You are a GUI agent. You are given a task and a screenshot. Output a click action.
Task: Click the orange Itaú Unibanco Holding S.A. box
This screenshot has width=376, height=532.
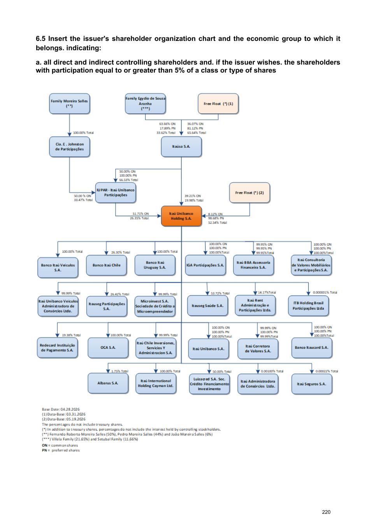[x=181, y=216]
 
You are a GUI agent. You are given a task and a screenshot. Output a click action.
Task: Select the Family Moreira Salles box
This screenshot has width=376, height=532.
[x=69, y=104]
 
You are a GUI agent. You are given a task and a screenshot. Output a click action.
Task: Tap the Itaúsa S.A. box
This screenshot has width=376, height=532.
[x=181, y=147]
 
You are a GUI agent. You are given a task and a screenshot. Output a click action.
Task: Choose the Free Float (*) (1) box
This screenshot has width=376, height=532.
[x=218, y=104]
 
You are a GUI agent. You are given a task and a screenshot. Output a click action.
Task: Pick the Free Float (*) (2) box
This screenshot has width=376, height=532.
[x=249, y=193]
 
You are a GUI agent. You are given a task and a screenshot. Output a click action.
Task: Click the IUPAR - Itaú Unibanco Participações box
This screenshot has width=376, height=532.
[x=116, y=193]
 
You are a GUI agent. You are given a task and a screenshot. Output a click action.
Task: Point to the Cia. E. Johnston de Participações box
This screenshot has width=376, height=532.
[x=69, y=147]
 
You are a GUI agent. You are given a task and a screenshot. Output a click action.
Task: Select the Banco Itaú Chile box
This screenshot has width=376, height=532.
[x=106, y=265]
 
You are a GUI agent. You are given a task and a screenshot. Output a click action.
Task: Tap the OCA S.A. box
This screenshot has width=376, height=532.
[x=108, y=348]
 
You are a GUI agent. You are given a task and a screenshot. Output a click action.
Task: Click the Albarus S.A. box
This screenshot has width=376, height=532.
[x=108, y=383]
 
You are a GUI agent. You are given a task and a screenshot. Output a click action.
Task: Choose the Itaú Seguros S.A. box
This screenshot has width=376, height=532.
[x=311, y=384]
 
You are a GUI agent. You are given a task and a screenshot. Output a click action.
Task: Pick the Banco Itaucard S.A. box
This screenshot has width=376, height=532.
[x=311, y=348]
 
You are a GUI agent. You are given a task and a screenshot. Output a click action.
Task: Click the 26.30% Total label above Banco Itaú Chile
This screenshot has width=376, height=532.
[x=121, y=252]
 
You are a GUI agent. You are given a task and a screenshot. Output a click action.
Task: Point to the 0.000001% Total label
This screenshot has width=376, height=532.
[x=325, y=292]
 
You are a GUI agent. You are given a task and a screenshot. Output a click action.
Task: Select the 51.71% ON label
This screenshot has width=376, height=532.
[x=141, y=214]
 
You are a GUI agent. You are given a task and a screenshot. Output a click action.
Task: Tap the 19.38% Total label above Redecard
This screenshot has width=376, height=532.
[x=71, y=335]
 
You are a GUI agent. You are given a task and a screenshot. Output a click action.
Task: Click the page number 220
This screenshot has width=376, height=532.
[x=326, y=512]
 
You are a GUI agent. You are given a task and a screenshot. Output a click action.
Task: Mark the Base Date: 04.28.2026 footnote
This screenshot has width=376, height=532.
[x=61, y=409]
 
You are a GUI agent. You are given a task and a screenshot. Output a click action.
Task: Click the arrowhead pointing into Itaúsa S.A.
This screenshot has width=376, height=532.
[x=181, y=134]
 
